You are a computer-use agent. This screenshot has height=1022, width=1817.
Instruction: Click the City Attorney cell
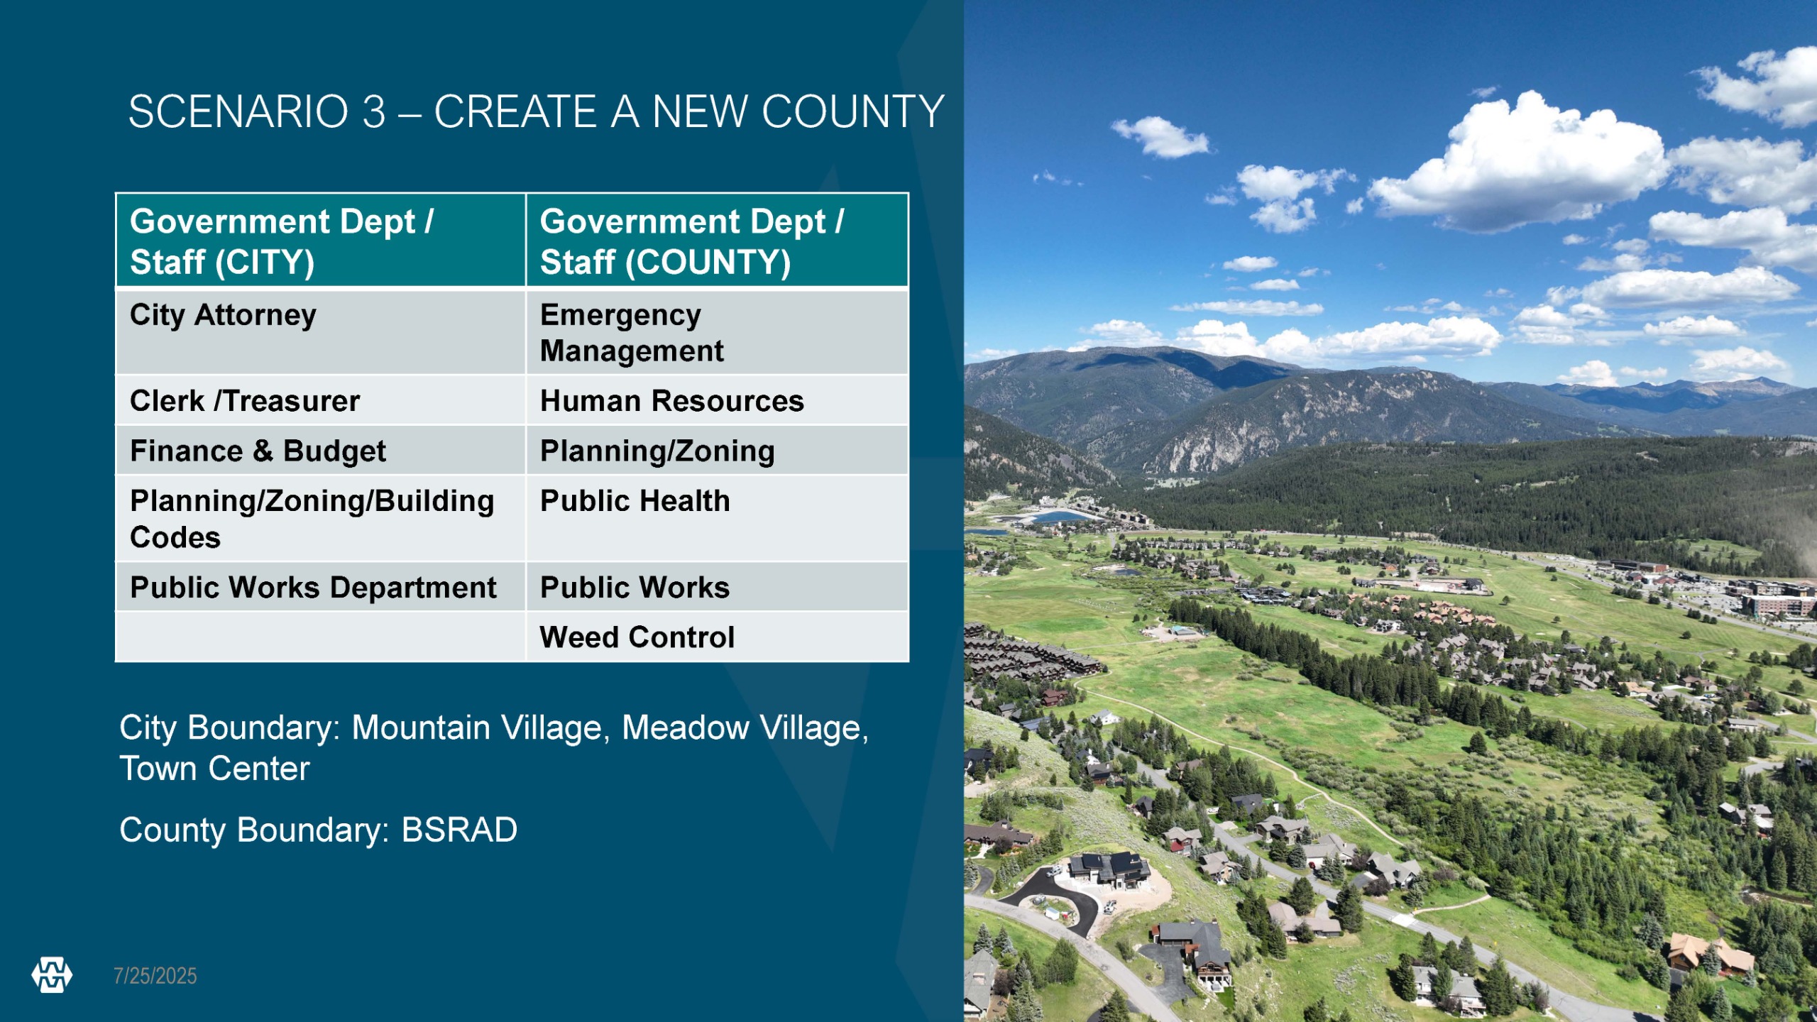click(320, 331)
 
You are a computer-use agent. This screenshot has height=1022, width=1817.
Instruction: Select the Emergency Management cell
click(717, 331)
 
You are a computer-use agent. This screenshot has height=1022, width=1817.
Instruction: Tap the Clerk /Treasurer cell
click(320, 400)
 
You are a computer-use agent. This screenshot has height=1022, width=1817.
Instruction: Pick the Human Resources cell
click(717, 400)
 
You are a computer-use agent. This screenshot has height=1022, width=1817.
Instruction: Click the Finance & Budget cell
click(320, 450)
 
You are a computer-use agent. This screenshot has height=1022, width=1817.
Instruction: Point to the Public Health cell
click(717, 518)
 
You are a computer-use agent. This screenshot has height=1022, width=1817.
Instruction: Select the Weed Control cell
click(717, 637)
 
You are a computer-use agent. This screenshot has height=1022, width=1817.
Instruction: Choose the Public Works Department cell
click(320, 587)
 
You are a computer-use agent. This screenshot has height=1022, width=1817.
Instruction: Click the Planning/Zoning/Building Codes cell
click(320, 518)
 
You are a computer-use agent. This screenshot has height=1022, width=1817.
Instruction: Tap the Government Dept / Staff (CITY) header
click(320, 240)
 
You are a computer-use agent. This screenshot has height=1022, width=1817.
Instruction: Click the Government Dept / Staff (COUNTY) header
click(717, 240)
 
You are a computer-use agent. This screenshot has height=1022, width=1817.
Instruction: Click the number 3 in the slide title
click(374, 112)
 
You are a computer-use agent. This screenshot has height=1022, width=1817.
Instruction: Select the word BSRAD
click(459, 830)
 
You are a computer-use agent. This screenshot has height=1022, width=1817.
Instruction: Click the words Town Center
click(214, 769)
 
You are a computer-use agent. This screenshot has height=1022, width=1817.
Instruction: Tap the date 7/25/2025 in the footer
click(155, 976)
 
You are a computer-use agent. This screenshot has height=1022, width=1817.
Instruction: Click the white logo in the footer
click(52, 975)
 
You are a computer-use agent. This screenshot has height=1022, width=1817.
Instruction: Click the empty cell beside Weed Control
click(320, 637)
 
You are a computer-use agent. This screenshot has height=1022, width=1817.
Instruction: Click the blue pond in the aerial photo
click(1062, 516)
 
